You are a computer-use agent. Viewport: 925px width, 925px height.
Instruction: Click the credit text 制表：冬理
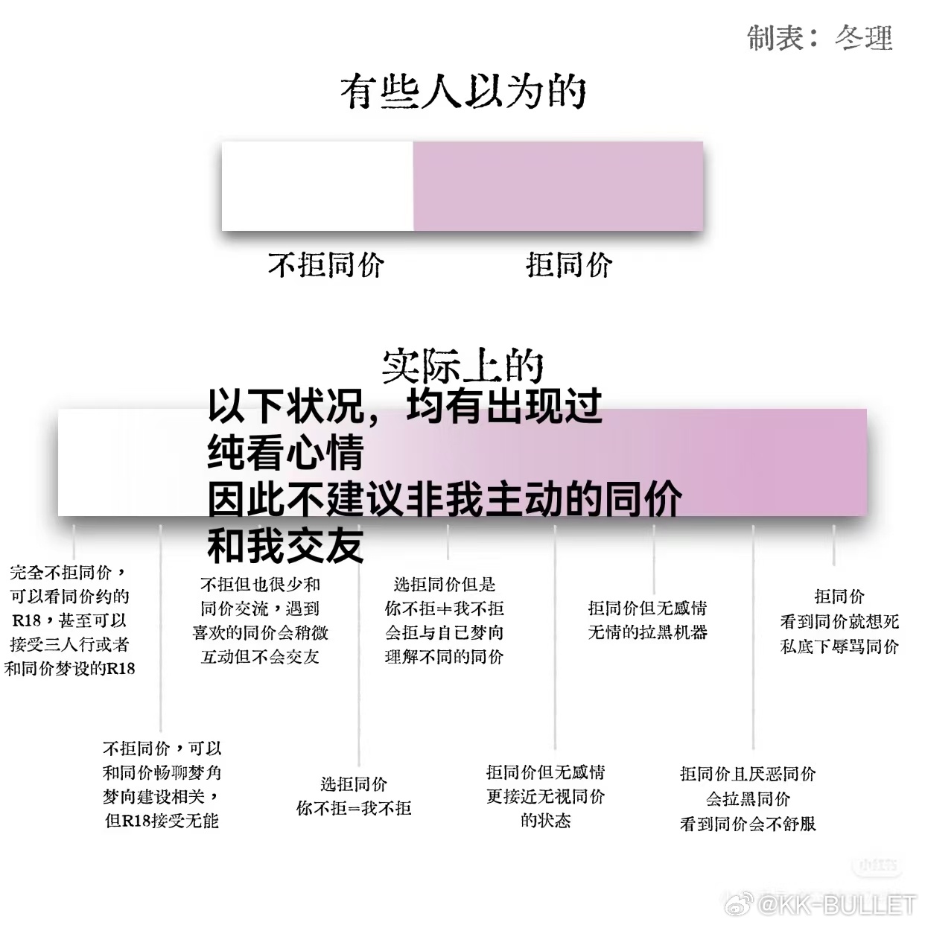[x=820, y=38]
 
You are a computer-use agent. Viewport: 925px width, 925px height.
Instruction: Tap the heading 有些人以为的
[x=463, y=91]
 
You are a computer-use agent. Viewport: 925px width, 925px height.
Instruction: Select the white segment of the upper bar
[x=317, y=185]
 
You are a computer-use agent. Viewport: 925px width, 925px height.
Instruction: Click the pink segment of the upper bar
[x=559, y=185]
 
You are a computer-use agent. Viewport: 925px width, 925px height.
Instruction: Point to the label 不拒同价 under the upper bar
[x=326, y=264]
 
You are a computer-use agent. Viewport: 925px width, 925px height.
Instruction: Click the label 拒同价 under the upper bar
[x=569, y=264]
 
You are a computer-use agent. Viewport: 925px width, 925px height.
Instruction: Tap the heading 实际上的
[x=462, y=366]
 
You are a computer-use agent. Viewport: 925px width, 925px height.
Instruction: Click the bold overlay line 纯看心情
[x=285, y=452]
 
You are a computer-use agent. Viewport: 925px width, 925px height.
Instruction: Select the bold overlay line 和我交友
[x=285, y=545]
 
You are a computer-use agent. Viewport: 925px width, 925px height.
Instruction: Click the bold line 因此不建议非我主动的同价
[x=445, y=499]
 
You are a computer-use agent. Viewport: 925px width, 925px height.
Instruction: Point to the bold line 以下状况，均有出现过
[x=404, y=406]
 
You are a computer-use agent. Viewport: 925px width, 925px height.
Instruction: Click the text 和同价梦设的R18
[x=69, y=668]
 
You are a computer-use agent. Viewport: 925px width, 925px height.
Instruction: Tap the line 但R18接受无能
[x=162, y=820]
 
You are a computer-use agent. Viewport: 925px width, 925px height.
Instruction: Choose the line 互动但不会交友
[x=260, y=657]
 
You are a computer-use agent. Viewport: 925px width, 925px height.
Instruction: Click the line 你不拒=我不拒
[x=354, y=808]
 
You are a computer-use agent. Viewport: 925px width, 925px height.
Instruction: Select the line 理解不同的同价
[x=444, y=657]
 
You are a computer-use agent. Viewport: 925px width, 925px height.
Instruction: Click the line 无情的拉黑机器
[x=647, y=632]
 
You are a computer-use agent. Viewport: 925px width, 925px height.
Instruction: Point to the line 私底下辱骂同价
[x=839, y=646]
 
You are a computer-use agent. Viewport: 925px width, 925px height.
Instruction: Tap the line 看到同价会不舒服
[x=748, y=824]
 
